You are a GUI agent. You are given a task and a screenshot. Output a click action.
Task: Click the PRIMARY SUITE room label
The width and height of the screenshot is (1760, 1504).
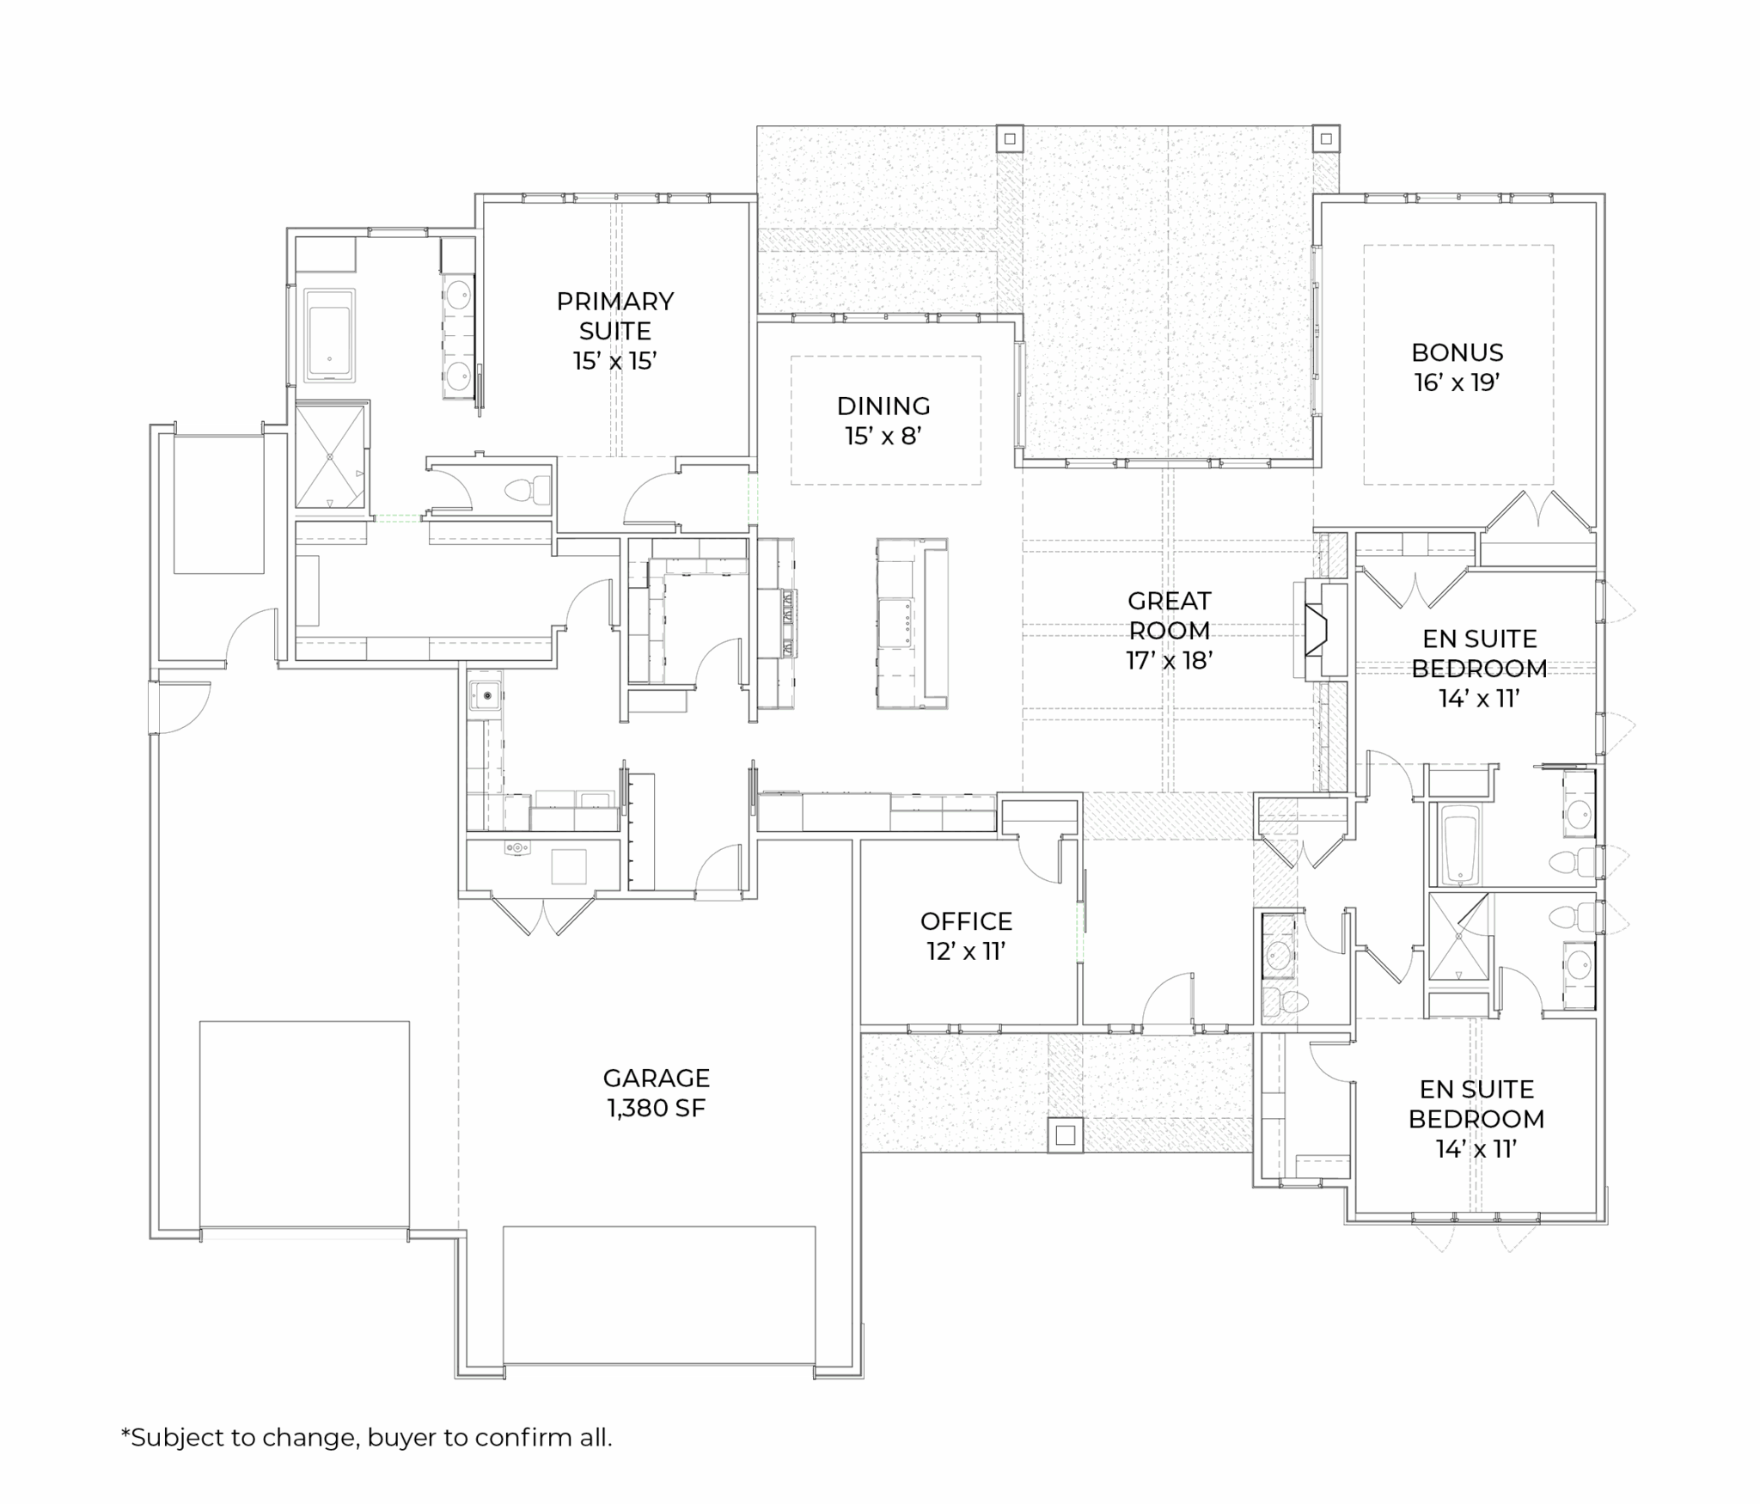[615, 331]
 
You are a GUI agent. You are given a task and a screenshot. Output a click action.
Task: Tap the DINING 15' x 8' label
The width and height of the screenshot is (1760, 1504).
[883, 421]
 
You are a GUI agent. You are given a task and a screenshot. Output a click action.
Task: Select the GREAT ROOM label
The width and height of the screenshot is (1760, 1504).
[1170, 630]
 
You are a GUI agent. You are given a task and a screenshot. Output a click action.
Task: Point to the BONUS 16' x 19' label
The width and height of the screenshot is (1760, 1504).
[1457, 367]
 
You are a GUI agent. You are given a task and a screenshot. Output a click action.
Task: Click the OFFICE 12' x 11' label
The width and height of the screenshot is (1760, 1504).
[966, 936]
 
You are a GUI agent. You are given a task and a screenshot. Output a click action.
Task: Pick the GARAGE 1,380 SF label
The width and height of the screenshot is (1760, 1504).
[657, 1092]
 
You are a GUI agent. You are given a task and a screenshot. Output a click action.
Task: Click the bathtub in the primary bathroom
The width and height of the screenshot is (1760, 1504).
[329, 335]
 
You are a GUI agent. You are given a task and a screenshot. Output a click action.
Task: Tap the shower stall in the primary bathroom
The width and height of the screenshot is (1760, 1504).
[331, 455]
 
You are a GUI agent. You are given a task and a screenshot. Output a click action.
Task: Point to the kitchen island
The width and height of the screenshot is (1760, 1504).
[912, 624]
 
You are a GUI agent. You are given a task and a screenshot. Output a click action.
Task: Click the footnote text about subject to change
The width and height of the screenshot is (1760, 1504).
[367, 1437]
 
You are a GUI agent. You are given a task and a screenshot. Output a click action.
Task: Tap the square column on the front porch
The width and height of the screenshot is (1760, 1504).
[1066, 1135]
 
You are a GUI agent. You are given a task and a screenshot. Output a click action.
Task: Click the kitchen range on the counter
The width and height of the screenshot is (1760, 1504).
[788, 623]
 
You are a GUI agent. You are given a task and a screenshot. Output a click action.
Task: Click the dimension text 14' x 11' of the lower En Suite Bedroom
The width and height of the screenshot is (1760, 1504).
[1476, 1149]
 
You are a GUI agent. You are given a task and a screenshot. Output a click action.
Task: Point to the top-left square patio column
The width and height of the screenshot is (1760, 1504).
[1010, 138]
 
